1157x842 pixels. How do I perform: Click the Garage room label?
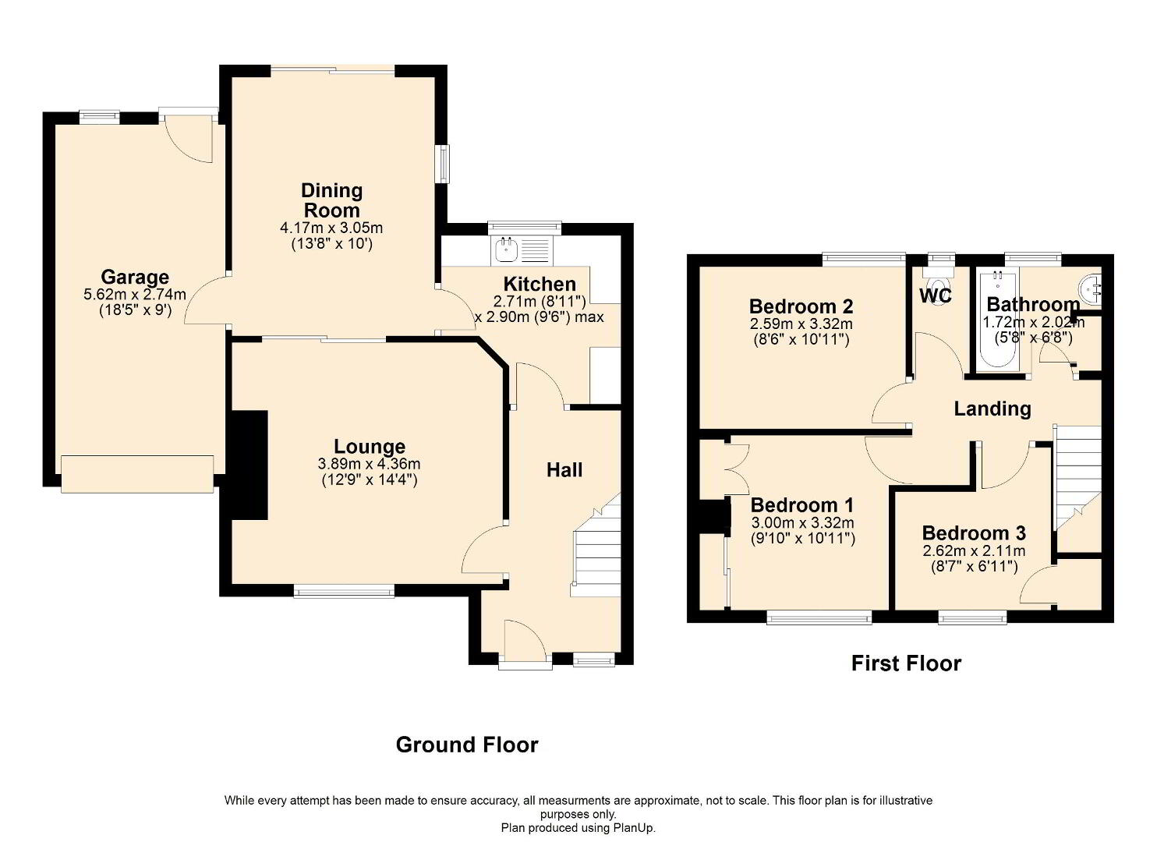(x=135, y=278)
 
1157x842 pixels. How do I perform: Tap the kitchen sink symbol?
(x=522, y=252)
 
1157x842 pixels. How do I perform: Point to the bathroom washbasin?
(x=1090, y=291)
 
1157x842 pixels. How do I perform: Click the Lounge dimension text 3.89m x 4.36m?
(x=370, y=463)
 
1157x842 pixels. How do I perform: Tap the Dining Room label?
(x=331, y=200)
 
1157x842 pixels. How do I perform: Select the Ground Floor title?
(x=467, y=745)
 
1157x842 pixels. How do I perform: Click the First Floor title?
(x=906, y=663)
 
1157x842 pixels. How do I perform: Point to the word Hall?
(x=564, y=469)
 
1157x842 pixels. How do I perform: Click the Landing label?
(x=992, y=409)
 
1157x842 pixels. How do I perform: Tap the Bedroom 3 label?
(x=974, y=532)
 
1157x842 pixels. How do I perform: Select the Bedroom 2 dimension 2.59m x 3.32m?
(x=801, y=324)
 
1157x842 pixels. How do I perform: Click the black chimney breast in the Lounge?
(x=249, y=465)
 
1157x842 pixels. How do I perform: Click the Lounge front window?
(x=344, y=591)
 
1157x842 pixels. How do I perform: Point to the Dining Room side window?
(x=443, y=164)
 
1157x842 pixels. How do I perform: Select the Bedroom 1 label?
(x=801, y=504)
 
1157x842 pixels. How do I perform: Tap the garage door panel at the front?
(x=137, y=474)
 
